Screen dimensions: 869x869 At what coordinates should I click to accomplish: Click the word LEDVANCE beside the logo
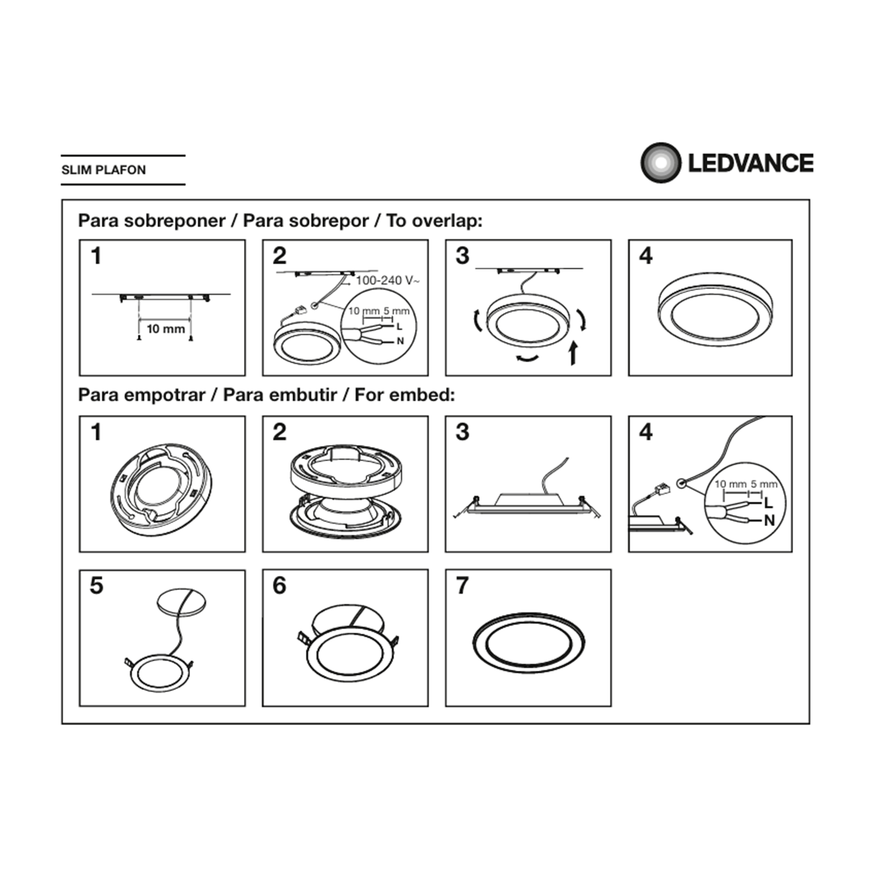[751, 163]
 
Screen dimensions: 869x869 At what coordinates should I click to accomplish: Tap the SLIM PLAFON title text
[104, 170]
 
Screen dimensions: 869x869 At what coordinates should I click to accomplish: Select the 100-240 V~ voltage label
[388, 280]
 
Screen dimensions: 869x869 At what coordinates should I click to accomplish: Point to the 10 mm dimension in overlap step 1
[166, 328]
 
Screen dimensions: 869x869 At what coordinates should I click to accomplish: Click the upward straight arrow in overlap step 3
[574, 353]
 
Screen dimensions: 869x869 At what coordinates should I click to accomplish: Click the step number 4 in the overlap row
[645, 255]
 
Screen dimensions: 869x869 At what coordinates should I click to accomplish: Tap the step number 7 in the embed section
[462, 585]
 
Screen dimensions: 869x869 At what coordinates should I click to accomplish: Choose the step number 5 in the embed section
[96, 585]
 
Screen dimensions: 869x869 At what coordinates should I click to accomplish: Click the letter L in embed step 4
[768, 503]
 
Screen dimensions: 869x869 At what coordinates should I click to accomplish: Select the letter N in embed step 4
[769, 520]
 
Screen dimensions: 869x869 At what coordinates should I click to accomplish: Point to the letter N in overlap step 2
[400, 341]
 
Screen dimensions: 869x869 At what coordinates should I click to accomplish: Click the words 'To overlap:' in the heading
[434, 221]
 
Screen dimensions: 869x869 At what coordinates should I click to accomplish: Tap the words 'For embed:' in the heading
[405, 395]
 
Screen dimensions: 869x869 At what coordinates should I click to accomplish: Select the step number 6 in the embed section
[279, 585]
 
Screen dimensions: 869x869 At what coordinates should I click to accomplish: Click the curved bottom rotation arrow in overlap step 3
[527, 358]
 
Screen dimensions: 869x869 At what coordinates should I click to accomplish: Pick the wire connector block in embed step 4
[660, 491]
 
